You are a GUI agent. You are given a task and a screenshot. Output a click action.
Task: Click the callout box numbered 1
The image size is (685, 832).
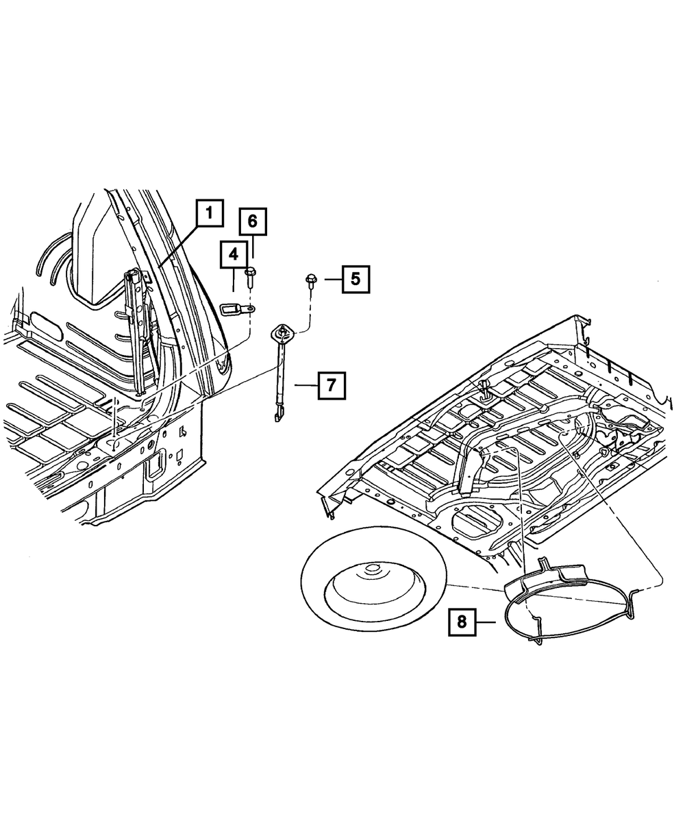210,213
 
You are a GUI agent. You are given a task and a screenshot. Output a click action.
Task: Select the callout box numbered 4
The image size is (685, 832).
234,255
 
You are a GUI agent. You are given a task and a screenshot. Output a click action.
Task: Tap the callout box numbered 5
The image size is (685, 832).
355,279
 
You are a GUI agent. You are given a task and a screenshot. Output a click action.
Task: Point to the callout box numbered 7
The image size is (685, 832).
331,386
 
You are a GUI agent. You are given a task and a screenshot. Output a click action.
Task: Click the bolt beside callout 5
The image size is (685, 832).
310,279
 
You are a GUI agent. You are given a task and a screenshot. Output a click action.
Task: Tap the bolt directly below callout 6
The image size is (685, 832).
250,274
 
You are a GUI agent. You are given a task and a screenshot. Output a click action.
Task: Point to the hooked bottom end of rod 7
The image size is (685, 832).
277,415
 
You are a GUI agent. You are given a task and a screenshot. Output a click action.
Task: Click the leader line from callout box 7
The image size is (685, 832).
306,386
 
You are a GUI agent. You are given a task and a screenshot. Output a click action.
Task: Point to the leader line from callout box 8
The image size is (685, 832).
485,622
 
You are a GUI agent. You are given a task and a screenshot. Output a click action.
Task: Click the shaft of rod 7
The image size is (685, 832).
279,377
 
